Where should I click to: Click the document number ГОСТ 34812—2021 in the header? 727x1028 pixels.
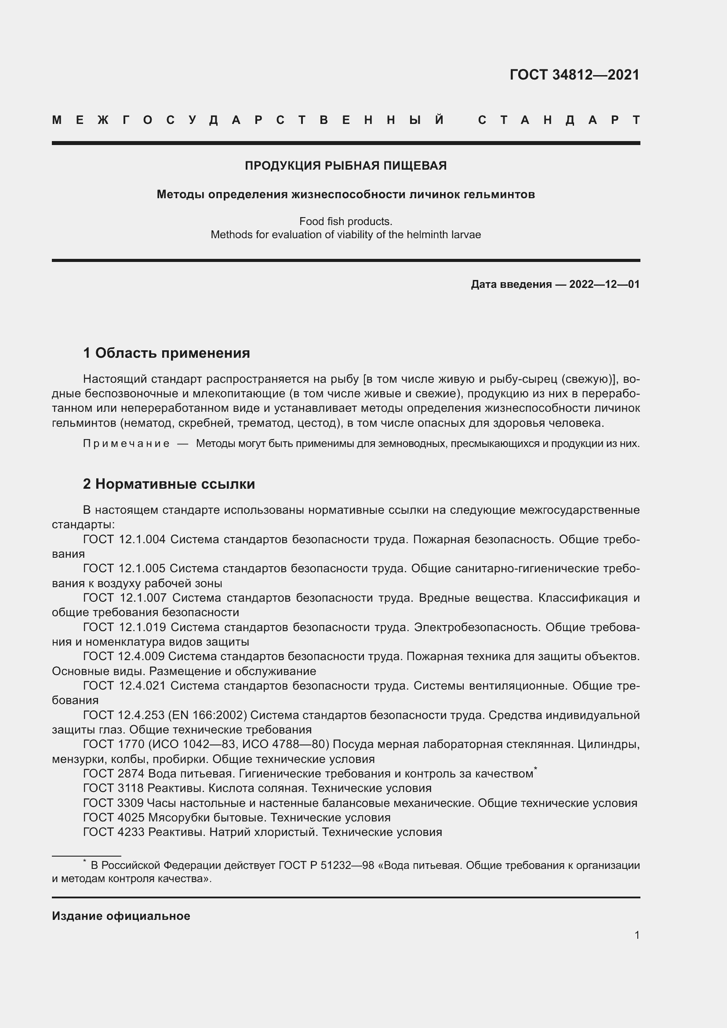click(574, 75)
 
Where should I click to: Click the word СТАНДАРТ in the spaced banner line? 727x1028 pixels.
click(559, 120)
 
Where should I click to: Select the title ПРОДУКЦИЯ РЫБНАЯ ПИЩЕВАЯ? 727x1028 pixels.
click(345, 166)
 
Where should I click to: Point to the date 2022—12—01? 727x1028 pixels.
click(604, 284)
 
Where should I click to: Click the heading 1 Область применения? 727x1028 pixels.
click(167, 353)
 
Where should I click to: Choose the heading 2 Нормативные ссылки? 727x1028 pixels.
click(169, 484)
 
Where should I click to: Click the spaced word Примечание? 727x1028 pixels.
click(126, 444)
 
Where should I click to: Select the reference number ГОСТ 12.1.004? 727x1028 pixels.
click(124, 539)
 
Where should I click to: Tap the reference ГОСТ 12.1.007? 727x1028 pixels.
click(124, 598)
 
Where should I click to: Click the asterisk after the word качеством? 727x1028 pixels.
click(535, 769)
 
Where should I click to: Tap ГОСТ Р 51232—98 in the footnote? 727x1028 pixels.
click(326, 865)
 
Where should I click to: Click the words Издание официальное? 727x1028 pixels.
click(121, 916)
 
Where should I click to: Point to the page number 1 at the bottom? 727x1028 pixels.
click(637, 935)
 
